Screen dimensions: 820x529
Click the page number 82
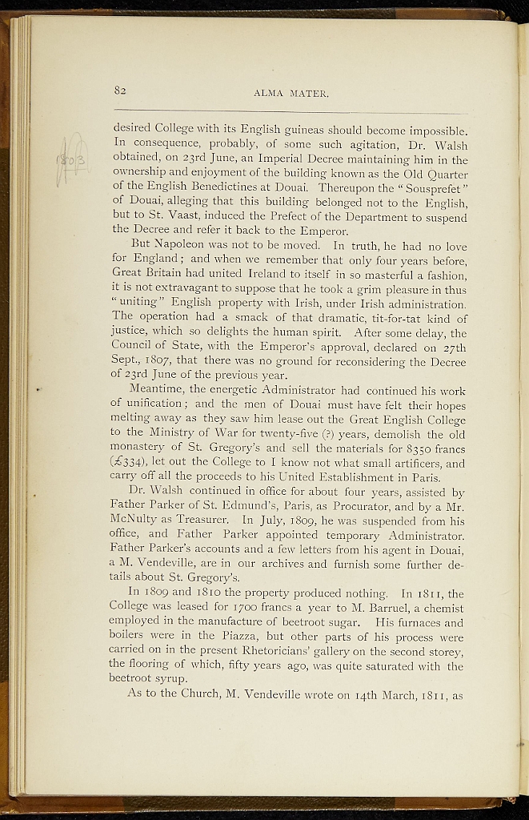coord(121,90)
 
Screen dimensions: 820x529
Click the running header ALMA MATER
coord(291,94)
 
